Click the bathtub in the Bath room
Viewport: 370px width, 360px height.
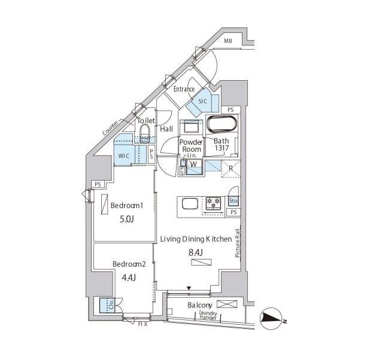(222, 124)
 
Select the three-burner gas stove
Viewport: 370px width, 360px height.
(214, 203)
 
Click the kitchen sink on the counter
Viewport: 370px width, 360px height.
(190, 203)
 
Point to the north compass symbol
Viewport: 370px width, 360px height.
(271, 319)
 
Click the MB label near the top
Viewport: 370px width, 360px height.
(228, 41)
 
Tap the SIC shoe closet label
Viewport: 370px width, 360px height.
(203, 102)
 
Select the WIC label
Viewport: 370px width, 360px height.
(124, 156)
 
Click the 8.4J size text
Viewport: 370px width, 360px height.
(196, 252)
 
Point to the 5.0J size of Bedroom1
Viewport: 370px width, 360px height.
(127, 219)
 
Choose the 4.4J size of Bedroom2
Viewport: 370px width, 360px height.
(129, 278)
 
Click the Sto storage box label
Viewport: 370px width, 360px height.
(233, 201)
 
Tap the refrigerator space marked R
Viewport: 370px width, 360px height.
(231, 169)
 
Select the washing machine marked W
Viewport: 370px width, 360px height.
(194, 166)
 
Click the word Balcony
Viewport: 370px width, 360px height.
(200, 306)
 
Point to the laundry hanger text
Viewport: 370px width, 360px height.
(208, 315)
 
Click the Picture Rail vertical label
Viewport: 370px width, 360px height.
(237, 243)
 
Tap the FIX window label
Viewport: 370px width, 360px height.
(142, 324)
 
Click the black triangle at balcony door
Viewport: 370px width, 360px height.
(189, 288)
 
